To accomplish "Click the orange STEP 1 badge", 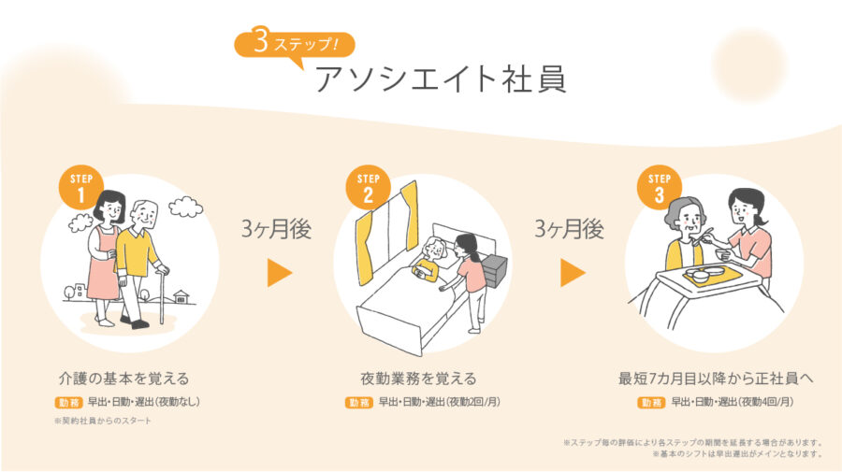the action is (81, 187).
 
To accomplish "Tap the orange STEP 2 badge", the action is (368, 187).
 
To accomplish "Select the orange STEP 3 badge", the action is (660, 187).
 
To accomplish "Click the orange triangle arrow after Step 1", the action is (280, 273).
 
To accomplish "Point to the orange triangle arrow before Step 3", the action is (573, 273).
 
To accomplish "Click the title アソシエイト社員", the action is (441, 79).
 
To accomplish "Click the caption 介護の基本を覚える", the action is (124, 379).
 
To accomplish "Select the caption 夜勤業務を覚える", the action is (418, 379).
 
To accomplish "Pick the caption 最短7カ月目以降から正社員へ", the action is (716, 379).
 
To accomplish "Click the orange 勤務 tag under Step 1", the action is (68, 402).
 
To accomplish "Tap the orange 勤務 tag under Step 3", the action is (651, 402).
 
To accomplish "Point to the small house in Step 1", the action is (181, 296).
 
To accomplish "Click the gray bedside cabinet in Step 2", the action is (494, 271).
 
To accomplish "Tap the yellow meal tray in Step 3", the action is (713, 275).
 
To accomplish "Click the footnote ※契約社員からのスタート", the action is (103, 421).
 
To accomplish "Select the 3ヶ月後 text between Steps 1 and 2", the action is (276, 229).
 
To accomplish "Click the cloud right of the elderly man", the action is (186, 207).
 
